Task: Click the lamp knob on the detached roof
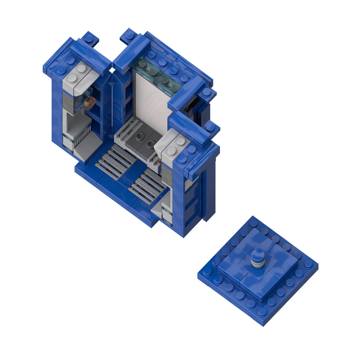coord(258,256)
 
